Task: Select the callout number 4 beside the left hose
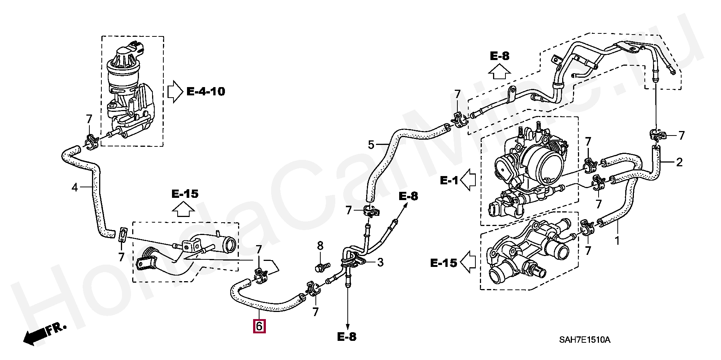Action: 75,187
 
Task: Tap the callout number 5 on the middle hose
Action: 371,144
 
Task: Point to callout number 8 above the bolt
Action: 320,246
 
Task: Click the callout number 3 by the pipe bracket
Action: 380,262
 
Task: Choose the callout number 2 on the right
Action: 679,163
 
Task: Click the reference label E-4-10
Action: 206,91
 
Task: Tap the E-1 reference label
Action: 449,181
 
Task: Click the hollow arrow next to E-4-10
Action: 175,92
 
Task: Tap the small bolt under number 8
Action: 322,267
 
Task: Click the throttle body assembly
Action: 533,169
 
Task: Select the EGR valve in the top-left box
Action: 130,90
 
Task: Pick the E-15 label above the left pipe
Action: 185,194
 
